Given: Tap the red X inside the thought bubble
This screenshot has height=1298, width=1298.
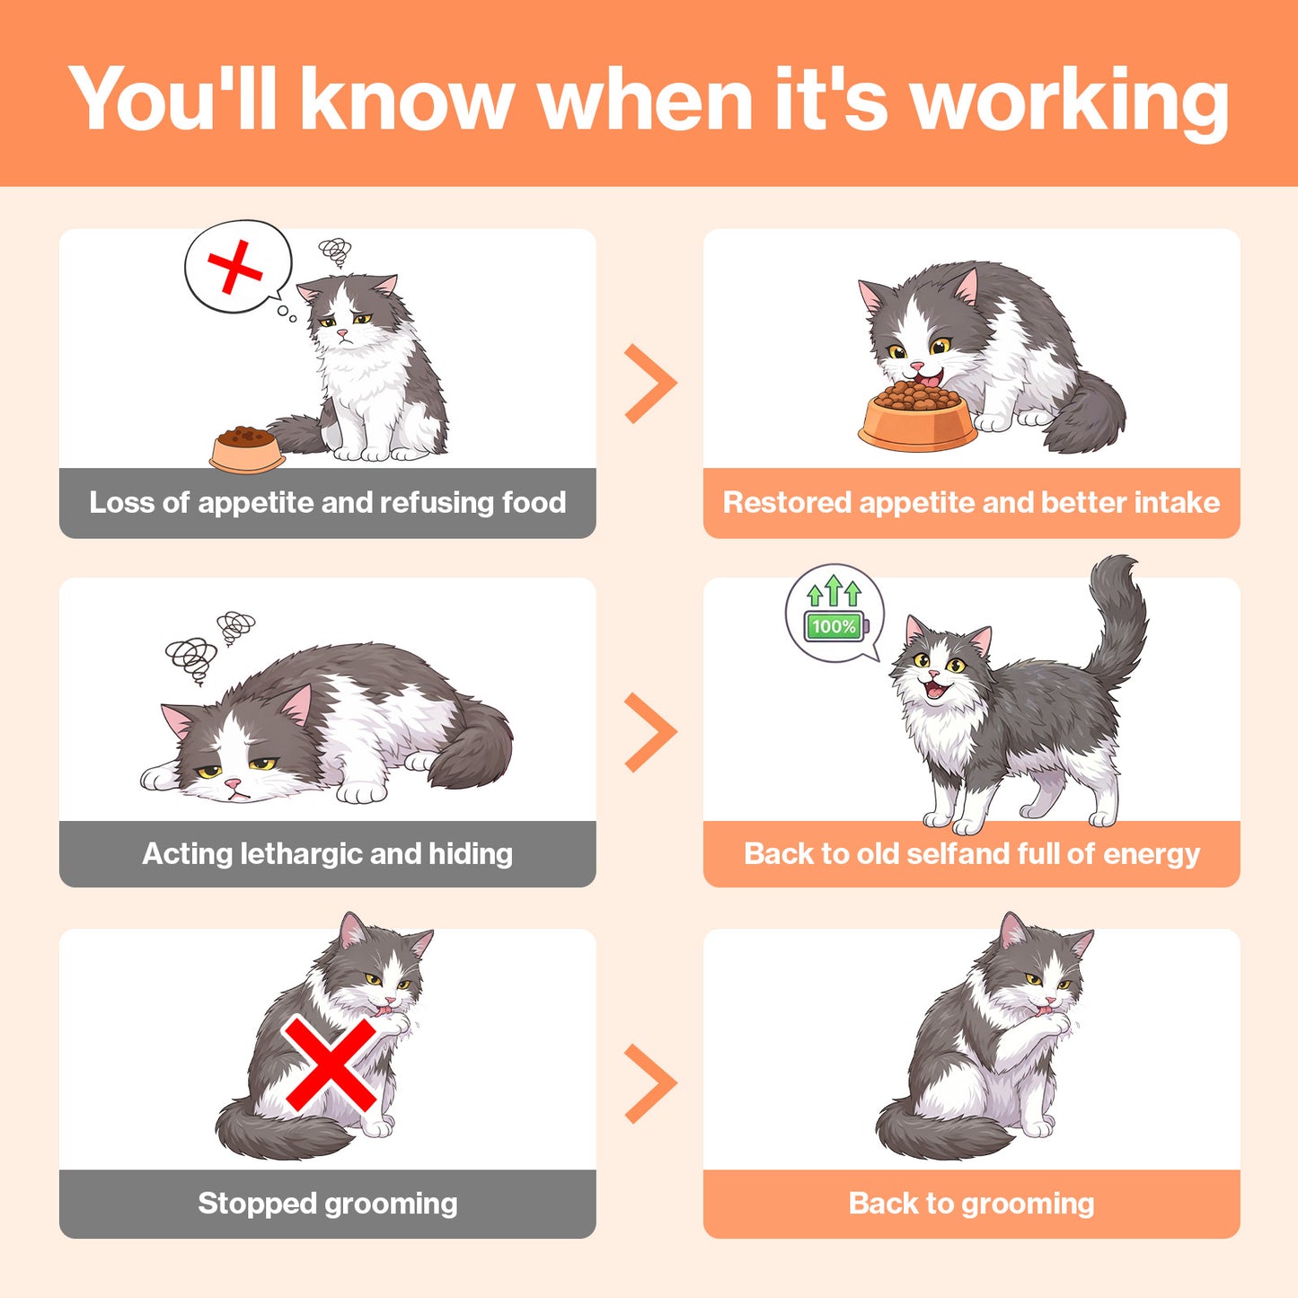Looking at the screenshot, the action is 234,268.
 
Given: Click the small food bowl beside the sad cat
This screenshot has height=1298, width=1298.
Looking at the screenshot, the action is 247,449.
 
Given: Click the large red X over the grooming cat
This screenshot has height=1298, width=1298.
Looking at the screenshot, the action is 330,1064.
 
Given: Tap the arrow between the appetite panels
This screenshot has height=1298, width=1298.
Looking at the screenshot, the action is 650,384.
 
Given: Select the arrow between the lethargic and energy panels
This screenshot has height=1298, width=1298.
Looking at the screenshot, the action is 650,732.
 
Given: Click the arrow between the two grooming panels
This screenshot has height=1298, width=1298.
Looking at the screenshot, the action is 650,1084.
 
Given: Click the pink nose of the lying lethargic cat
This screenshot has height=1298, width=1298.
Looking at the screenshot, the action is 233,783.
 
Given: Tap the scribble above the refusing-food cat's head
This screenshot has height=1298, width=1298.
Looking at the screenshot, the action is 335,252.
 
